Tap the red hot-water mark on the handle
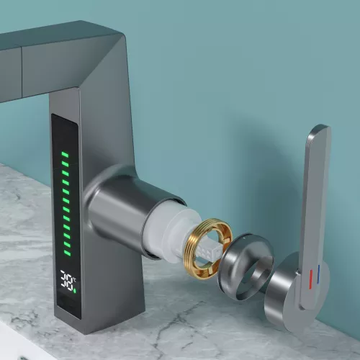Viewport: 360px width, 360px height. coord(311,279)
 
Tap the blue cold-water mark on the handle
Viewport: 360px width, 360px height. coord(318,274)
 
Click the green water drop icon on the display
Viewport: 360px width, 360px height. coord(75,291)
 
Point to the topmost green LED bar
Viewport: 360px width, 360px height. coord(66,154)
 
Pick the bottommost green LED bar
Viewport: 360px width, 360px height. coord(67,253)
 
